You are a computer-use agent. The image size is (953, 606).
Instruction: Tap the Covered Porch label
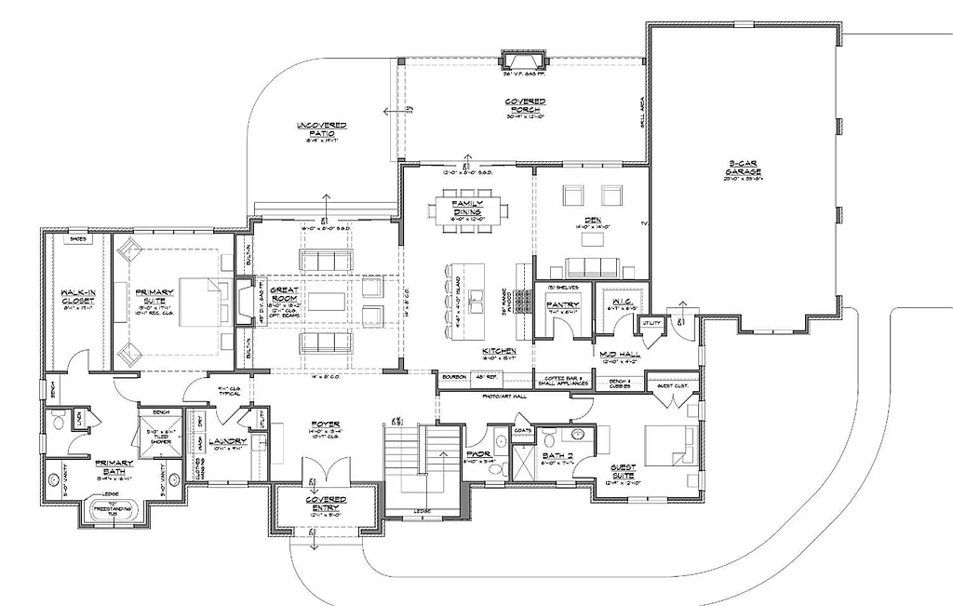pos(525,104)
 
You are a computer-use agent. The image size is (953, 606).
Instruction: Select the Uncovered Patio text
pos(321,130)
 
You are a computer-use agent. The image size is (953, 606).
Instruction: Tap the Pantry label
pos(563,304)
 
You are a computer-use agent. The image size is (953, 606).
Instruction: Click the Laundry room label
pos(229,441)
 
